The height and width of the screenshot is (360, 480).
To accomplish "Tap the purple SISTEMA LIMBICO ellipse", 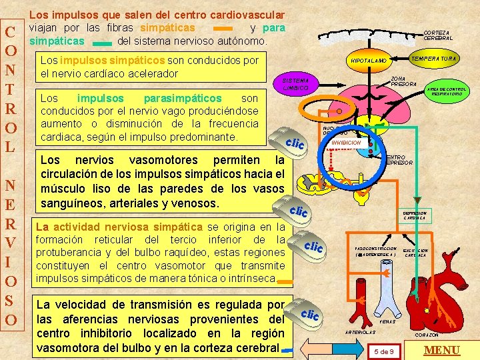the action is tap(295, 84).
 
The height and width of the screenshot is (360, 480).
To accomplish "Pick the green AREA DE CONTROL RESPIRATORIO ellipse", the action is tap(446, 91).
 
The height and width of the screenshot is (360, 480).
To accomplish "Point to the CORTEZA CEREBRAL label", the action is tap(438, 35).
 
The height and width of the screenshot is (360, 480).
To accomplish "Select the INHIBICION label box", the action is tap(347, 143).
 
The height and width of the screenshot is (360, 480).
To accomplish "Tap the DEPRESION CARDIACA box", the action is tap(415, 215).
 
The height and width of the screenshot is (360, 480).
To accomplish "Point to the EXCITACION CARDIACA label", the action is tap(415, 253).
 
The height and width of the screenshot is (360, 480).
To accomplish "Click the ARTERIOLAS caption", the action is tap(359, 331).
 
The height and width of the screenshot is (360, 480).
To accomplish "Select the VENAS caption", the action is tap(387, 321).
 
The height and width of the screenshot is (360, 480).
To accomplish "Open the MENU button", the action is tap(442, 351).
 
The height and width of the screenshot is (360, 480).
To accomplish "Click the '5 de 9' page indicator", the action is tap(385, 351).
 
